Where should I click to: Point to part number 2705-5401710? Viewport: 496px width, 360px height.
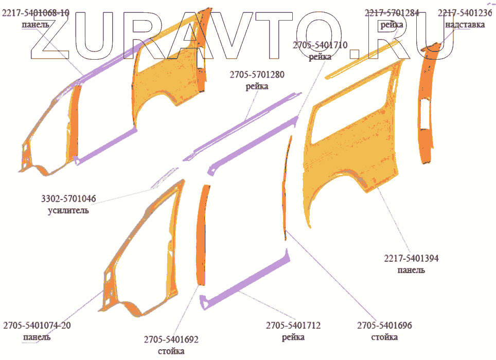tap(320, 46)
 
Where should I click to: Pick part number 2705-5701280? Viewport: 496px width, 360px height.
tap(257, 76)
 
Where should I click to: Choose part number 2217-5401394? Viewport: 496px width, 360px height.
tap(411, 259)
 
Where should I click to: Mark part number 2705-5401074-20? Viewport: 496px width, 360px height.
tap(37, 326)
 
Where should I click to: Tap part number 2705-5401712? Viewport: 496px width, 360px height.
tap(293, 326)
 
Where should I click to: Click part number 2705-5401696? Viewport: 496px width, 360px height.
tap(384, 326)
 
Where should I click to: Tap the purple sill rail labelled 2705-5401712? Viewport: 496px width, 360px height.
tap(247, 285)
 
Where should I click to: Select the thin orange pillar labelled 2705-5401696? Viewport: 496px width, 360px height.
tap(286, 190)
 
